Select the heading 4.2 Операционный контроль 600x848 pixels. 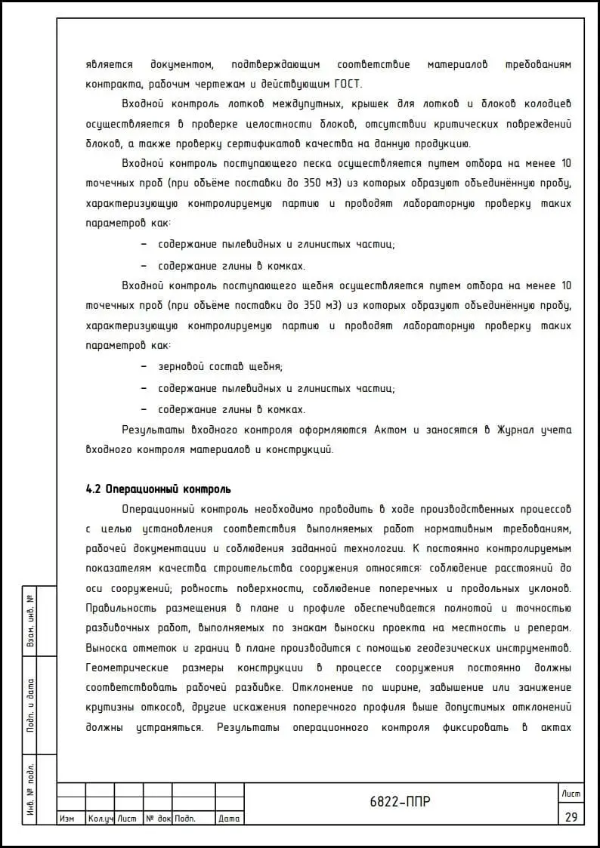click(x=159, y=489)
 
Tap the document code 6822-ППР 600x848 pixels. click(x=401, y=802)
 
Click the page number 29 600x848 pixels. click(x=571, y=816)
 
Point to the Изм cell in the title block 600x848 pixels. click(x=66, y=819)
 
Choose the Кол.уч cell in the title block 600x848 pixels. click(x=100, y=819)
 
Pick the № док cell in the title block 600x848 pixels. click(x=158, y=819)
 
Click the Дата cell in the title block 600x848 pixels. click(x=229, y=819)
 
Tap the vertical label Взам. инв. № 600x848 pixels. click(x=30, y=621)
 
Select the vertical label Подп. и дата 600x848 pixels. click(x=30, y=705)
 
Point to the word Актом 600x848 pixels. click(x=391, y=430)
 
